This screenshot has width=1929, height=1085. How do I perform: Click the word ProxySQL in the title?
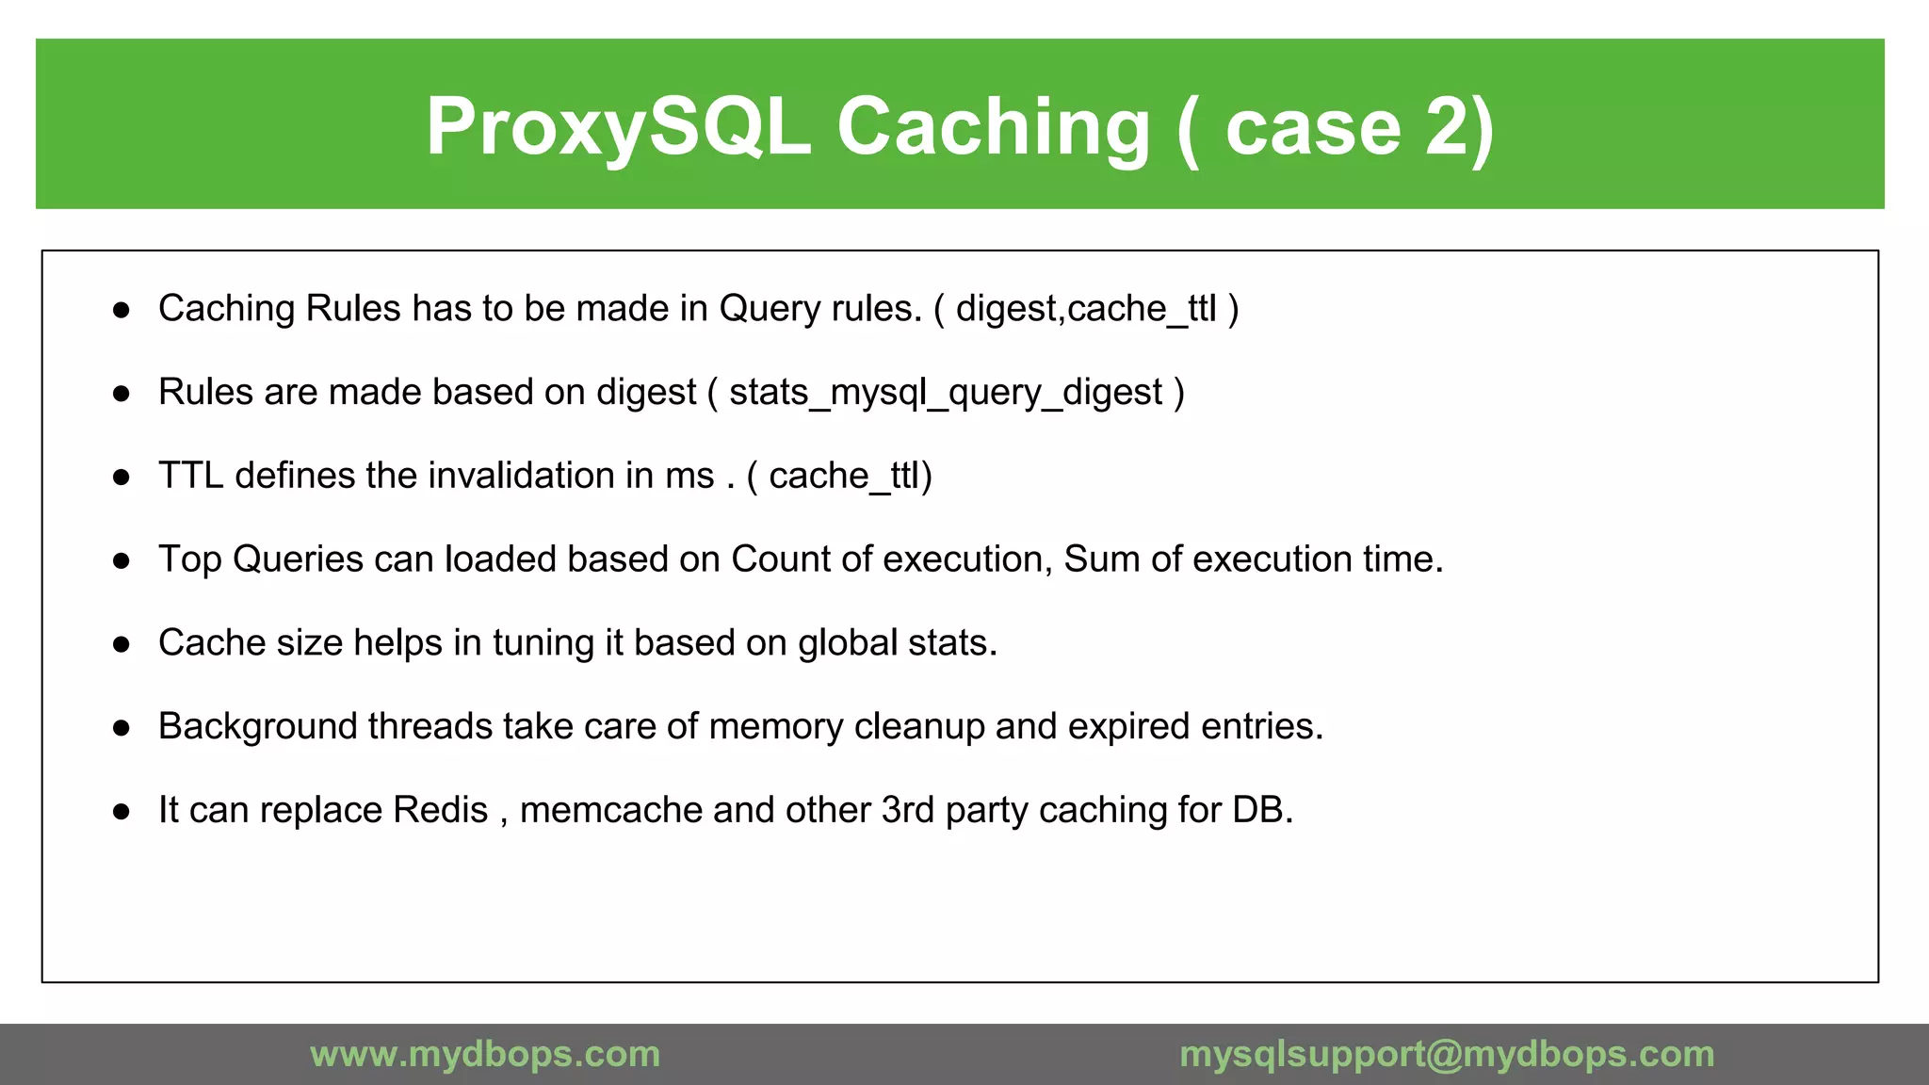(x=618, y=127)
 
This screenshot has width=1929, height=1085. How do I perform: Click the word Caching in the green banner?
(x=993, y=127)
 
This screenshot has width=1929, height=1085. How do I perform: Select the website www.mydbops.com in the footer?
(x=485, y=1054)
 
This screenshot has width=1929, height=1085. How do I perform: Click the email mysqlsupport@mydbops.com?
(x=1447, y=1054)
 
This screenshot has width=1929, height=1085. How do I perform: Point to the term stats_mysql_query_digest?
(x=946, y=393)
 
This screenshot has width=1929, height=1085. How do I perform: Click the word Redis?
(x=440, y=810)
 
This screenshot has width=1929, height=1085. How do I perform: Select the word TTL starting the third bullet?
(x=190, y=476)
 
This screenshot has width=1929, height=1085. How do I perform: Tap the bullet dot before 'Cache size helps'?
(x=121, y=644)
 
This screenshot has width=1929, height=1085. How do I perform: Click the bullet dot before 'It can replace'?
(x=121, y=812)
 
